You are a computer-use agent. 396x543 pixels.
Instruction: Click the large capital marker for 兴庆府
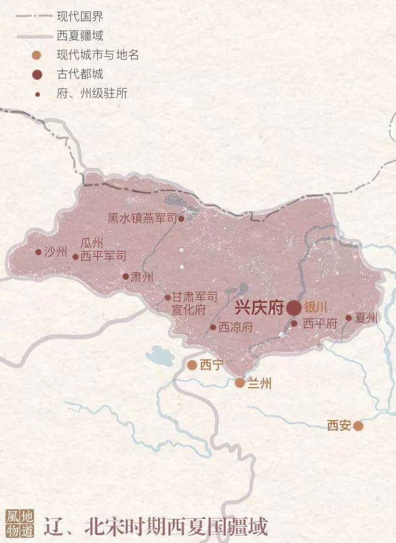[294, 308]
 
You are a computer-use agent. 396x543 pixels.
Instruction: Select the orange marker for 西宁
[192, 365]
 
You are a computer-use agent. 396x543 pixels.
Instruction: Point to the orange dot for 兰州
[240, 383]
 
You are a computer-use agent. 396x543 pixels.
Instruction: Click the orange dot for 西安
[358, 426]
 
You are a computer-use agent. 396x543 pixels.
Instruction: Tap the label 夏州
[366, 318]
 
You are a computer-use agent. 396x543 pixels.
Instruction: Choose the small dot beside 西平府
[294, 323]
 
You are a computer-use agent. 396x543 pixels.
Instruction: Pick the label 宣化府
[188, 309]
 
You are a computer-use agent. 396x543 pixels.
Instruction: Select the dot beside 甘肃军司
[168, 298]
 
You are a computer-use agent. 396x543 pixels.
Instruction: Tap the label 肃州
[142, 277]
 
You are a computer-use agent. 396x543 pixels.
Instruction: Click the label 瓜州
[92, 244]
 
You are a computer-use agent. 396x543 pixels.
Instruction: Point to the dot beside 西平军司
[76, 256]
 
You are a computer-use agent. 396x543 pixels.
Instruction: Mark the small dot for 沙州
[38, 252]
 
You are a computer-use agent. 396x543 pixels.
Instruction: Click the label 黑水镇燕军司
[142, 218]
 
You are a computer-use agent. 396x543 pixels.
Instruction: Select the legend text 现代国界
[79, 16]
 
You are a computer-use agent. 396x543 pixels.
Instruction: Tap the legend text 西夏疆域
[79, 35]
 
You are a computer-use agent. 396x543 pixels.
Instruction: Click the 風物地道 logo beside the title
[20, 525]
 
